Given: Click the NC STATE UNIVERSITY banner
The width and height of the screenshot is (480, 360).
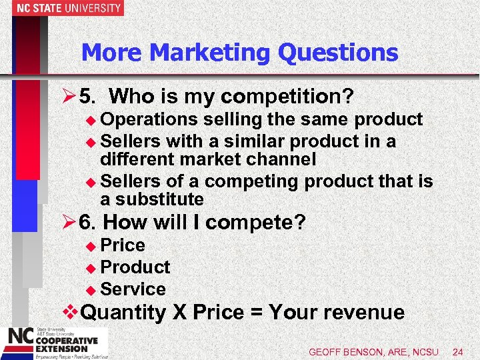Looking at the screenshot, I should point(61,8).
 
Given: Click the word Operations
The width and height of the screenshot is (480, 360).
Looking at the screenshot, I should point(150,119).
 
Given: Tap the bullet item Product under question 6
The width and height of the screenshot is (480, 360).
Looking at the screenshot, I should point(135,267).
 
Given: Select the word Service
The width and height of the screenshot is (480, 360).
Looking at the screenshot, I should point(133,289).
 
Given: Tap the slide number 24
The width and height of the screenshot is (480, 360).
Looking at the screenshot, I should point(458,351).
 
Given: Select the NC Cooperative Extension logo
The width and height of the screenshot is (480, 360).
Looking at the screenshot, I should point(51,342).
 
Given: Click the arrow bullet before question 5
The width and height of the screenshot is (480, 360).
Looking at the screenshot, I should point(67,97).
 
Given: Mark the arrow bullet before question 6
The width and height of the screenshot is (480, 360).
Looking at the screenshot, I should point(67,223).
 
